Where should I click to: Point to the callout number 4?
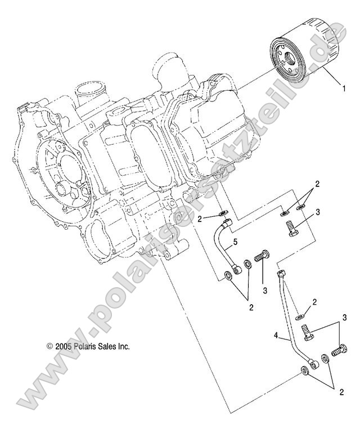[x=276, y=336]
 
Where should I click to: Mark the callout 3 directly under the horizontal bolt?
[x=264, y=291]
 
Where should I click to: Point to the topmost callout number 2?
[x=317, y=184]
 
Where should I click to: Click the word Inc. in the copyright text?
[x=124, y=347]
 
